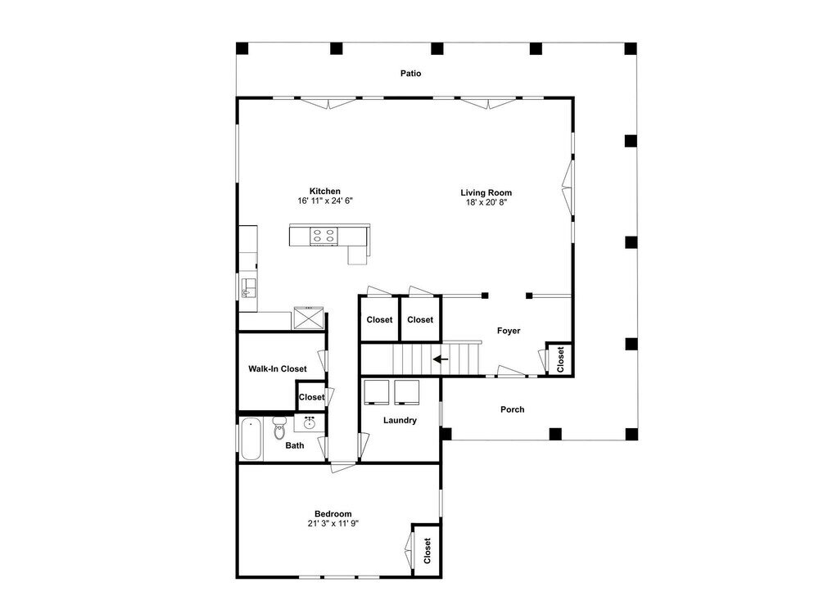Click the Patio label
tap(410, 74)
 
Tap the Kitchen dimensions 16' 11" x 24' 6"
tap(325, 201)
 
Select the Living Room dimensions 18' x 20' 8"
tap(486, 202)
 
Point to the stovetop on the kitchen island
tap(324, 236)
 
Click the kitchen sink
tap(249, 288)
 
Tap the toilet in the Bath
tap(279, 428)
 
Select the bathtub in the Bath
tap(251, 439)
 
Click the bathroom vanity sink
tap(310, 422)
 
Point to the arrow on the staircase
tap(441, 359)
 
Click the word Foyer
tap(509, 331)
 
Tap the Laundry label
tap(400, 420)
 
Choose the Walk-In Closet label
tap(278, 368)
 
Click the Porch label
tap(513, 409)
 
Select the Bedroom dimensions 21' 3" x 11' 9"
tap(333, 523)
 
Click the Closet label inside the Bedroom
tap(428, 551)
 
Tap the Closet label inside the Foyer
tap(560, 359)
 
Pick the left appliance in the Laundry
tap(376, 392)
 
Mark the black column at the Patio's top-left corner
tap(242, 48)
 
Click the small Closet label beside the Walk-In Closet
tap(312, 397)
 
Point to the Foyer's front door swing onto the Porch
tap(511, 371)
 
